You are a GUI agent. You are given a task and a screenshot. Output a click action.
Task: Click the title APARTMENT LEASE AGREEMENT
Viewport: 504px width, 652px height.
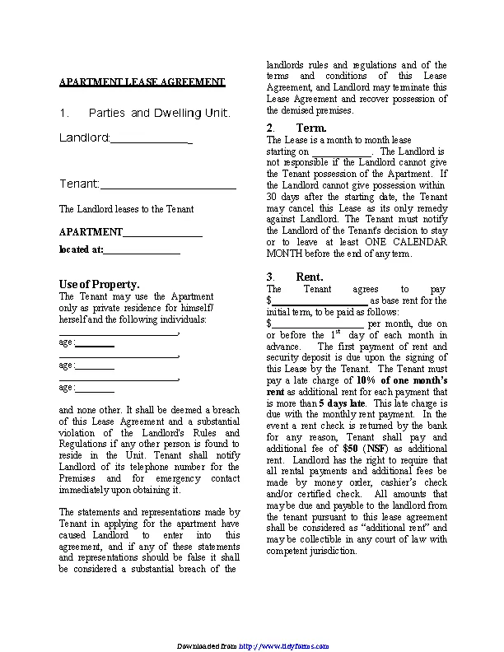pyautogui.click(x=142, y=82)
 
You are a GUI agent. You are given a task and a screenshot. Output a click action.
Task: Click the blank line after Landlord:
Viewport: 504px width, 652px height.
pyautogui.click(x=151, y=141)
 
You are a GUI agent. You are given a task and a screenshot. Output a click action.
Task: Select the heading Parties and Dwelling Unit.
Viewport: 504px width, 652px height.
pyautogui.click(x=159, y=113)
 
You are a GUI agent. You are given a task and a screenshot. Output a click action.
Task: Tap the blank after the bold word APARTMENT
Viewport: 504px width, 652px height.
pyautogui.click(x=162, y=234)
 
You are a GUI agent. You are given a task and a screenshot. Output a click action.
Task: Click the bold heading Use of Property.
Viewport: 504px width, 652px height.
pyautogui.click(x=99, y=284)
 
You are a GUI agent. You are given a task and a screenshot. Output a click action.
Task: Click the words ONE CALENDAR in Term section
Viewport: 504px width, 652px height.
pyautogui.click(x=404, y=243)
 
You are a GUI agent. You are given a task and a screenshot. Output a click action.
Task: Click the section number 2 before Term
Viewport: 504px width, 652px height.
pyautogui.click(x=270, y=128)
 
